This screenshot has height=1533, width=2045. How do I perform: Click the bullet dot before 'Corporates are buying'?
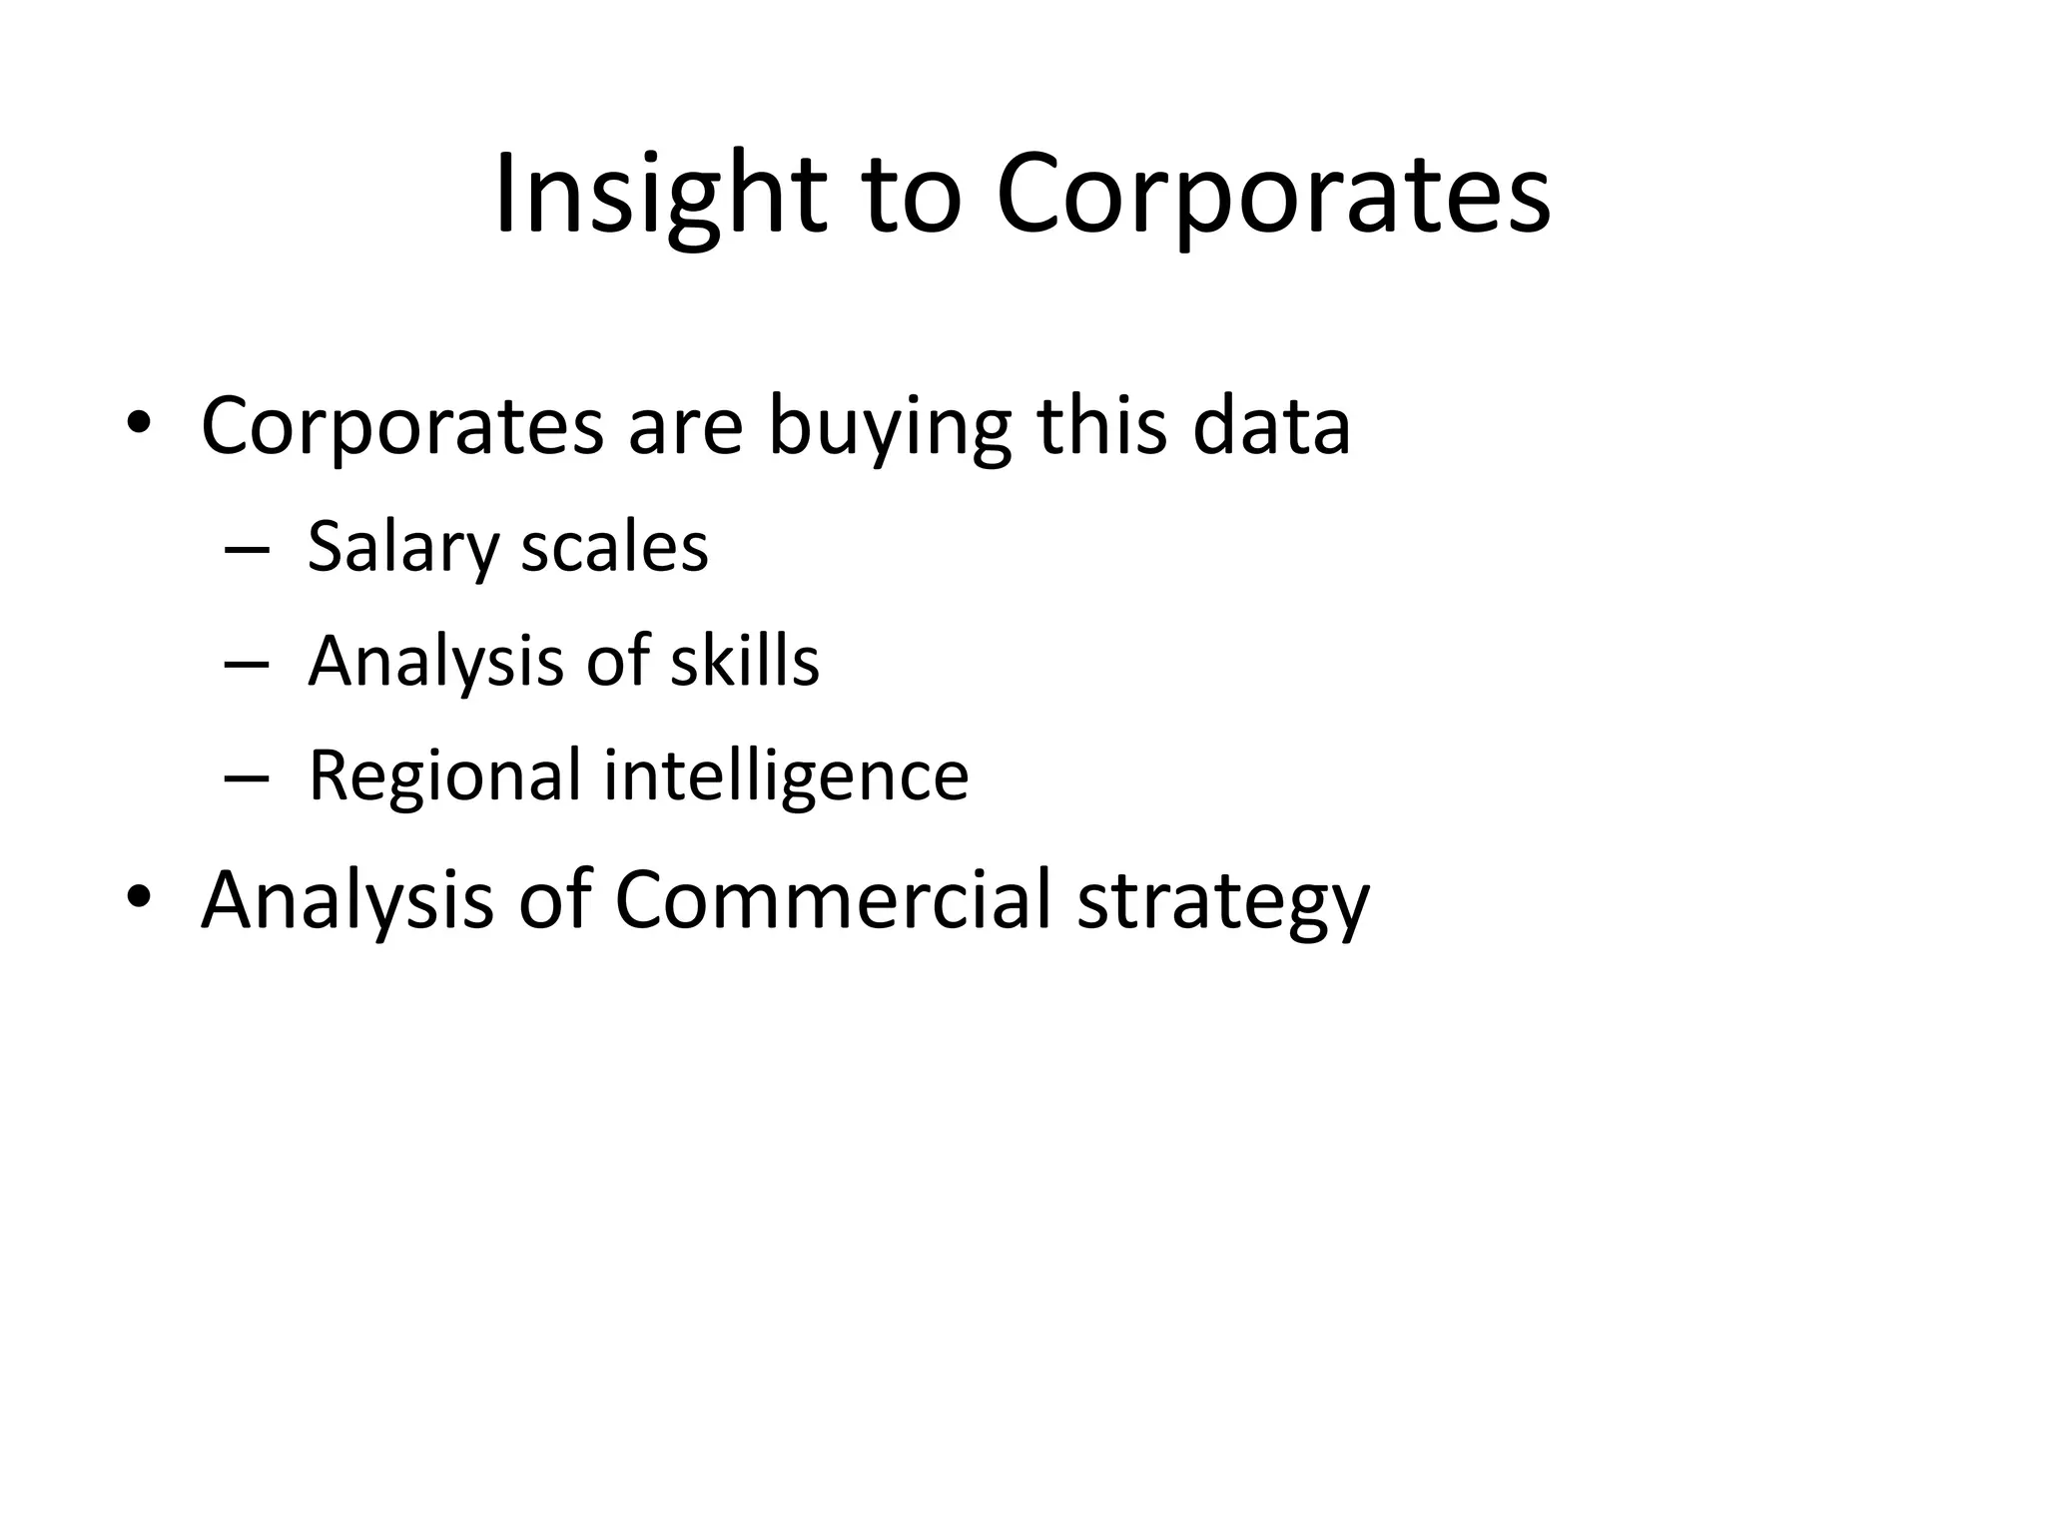[139, 425]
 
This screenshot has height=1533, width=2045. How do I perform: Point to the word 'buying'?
[890, 427]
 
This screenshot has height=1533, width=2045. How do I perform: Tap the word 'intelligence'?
[786, 775]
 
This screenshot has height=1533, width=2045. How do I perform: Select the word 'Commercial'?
[833, 899]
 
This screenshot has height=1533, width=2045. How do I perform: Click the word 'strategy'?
[1223, 901]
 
